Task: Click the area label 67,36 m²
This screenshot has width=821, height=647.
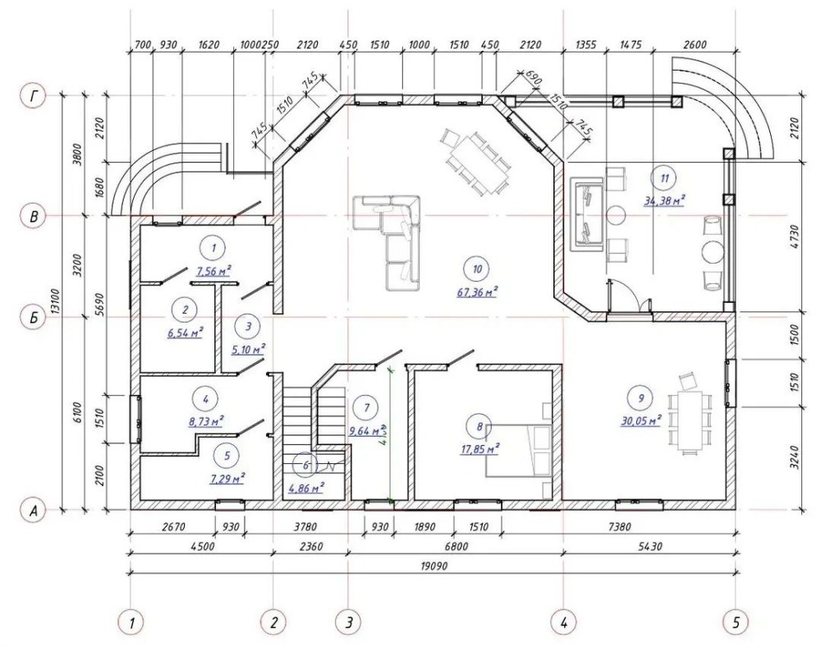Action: (477, 291)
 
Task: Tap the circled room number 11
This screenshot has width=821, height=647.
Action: (664, 178)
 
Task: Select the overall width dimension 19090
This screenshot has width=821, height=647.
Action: (434, 567)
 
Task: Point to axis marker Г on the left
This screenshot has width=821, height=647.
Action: (34, 96)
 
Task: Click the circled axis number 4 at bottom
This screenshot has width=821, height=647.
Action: (564, 623)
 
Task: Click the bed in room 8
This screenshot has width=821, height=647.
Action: (518, 451)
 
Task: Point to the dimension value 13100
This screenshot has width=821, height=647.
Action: (54, 301)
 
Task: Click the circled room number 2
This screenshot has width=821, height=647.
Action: (185, 310)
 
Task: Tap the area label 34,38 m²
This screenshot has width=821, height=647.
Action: (664, 200)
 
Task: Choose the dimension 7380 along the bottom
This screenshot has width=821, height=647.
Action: (619, 526)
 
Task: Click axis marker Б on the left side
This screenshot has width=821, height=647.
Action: (34, 318)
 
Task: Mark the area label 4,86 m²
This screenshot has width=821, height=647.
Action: (306, 489)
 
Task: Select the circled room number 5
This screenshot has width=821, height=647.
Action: (227, 456)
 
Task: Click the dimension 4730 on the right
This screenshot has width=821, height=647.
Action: (796, 236)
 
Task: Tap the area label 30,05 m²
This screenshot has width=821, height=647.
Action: (641, 420)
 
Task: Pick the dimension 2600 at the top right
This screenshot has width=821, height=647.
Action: (695, 45)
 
